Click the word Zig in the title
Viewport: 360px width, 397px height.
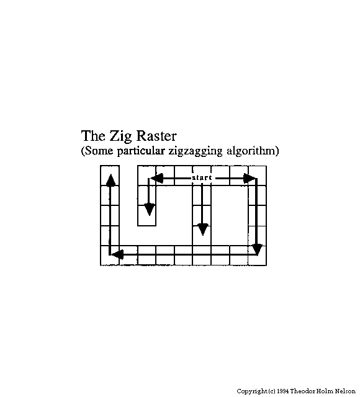click(x=120, y=136)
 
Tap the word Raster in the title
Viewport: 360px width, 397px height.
click(x=156, y=136)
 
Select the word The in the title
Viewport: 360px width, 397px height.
click(x=93, y=136)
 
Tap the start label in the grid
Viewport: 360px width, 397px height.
click(x=202, y=178)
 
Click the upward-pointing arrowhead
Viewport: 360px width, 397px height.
click(x=110, y=180)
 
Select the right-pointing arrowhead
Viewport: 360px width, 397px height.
click(x=250, y=178)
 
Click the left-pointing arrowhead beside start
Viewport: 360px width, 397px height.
click(x=157, y=178)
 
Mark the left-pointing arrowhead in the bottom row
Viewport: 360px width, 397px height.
click(x=117, y=254)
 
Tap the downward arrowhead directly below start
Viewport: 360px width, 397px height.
click(x=203, y=230)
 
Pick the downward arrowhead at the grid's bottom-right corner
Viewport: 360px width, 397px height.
click(x=258, y=249)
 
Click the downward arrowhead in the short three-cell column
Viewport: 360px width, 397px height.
click(x=150, y=210)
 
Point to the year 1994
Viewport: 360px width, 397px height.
click(x=283, y=391)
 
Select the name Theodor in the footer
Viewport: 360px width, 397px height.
click(x=302, y=391)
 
